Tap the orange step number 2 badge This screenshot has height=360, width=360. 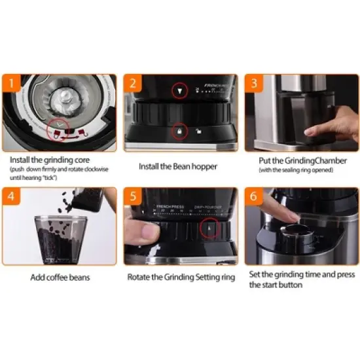133,84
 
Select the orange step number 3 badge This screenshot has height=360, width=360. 253,84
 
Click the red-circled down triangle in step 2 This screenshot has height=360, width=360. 180,90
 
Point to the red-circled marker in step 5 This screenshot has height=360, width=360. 209,227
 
